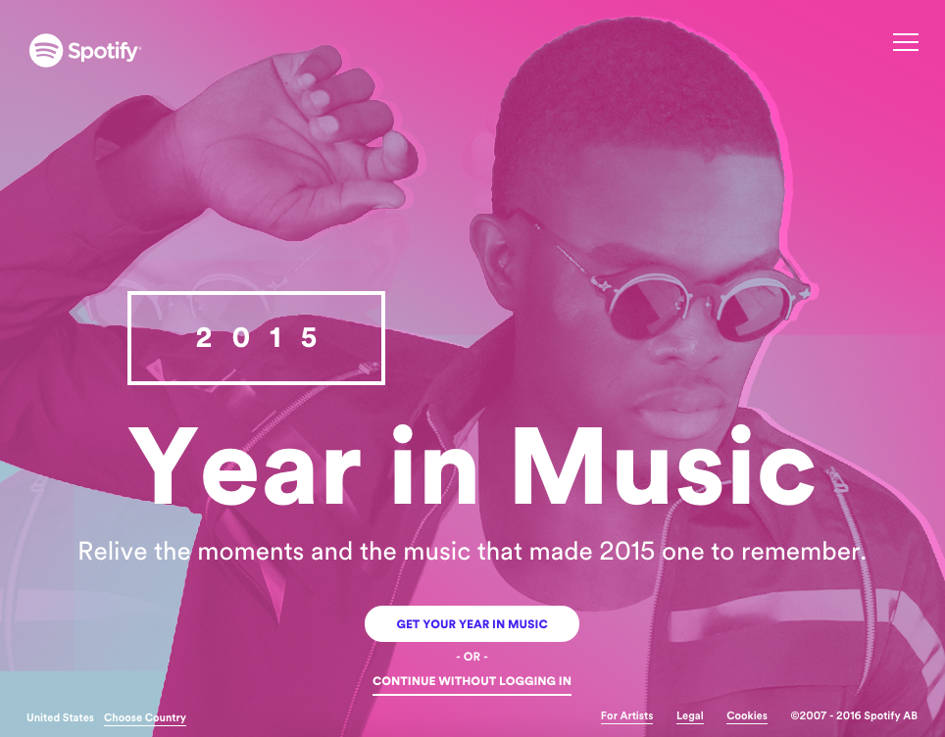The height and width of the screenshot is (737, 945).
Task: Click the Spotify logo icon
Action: click(46, 51)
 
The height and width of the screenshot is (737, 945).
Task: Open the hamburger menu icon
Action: click(906, 42)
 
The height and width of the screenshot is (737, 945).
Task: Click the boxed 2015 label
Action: click(257, 338)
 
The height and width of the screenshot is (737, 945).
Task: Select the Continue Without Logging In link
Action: click(472, 681)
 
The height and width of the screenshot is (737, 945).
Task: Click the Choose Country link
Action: click(145, 718)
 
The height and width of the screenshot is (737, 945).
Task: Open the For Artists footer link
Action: click(626, 716)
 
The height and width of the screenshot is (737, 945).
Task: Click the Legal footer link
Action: click(690, 716)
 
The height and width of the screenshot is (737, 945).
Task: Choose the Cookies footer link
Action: click(747, 716)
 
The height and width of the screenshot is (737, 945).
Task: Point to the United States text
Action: click(61, 718)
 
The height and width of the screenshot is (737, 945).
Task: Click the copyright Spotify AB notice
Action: click(854, 716)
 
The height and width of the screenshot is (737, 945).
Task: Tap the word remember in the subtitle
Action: click(803, 551)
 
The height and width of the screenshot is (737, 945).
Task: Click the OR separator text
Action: click(472, 657)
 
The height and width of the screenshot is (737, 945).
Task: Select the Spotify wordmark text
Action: click(104, 51)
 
